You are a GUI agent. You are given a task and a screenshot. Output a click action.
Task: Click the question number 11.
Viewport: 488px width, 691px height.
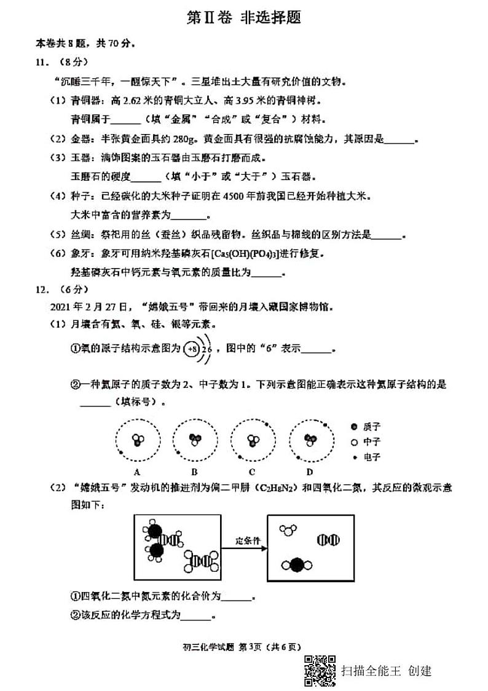click(x=41, y=61)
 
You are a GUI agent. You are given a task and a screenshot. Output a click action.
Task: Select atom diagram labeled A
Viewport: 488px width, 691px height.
click(x=138, y=441)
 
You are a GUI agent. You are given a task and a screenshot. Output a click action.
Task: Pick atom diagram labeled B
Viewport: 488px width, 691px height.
click(x=194, y=441)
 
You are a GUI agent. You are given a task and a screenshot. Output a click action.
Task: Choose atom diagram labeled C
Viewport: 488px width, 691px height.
click(x=252, y=441)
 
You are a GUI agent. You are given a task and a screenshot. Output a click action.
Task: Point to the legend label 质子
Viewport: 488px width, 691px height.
click(x=372, y=427)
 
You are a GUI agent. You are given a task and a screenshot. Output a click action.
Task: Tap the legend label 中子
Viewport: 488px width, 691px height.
click(x=372, y=442)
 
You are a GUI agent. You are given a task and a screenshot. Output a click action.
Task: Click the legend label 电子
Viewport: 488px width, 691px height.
click(x=372, y=457)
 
